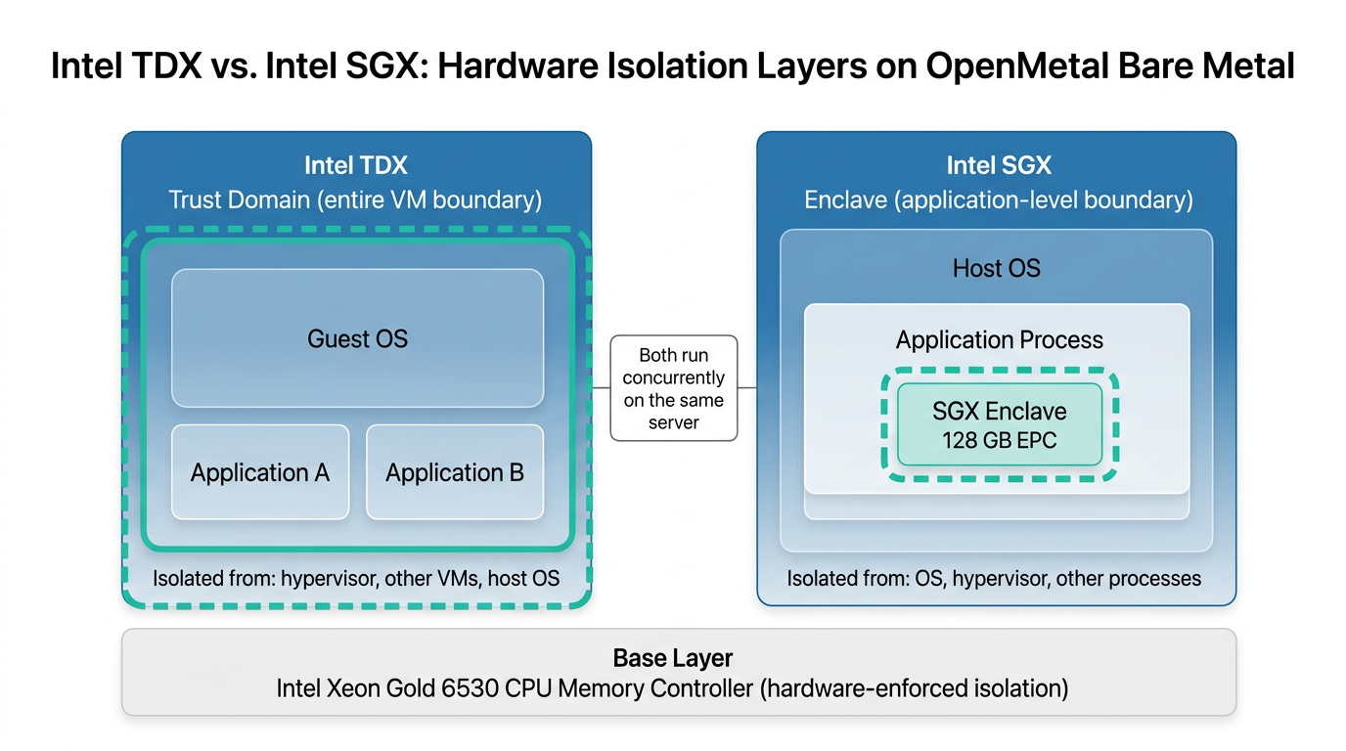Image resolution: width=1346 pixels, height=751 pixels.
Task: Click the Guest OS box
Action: (x=357, y=338)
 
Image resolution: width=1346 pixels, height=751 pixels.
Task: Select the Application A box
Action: (x=260, y=472)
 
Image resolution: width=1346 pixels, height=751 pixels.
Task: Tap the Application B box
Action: (x=455, y=472)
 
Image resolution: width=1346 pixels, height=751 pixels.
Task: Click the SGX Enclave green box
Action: (x=1000, y=425)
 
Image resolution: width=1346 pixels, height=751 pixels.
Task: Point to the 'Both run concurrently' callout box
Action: (x=673, y=388)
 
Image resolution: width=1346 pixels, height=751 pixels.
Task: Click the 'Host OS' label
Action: (x=996, y=268)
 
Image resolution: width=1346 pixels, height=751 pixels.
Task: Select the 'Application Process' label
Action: (x=999, y=340)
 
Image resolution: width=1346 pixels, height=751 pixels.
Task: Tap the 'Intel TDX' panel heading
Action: (x=356, y=165)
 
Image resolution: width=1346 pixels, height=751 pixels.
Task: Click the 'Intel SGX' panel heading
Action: (x=998, y=165)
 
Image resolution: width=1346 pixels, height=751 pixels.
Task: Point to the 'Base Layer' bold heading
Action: (x=673, y=657)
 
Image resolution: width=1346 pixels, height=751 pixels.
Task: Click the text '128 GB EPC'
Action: (x=1000, y=441)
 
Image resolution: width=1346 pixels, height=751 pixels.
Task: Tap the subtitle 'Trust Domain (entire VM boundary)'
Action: (x=356, y=199)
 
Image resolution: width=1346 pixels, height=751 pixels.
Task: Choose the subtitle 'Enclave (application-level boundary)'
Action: (x=998, y=199)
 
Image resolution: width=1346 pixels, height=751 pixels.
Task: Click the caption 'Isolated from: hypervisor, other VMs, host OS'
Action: (x=356, y=578)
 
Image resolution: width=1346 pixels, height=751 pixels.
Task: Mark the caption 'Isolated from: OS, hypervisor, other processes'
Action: (x=994, y=578)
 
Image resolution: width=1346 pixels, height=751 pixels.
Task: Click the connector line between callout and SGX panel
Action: (x=747, y=388)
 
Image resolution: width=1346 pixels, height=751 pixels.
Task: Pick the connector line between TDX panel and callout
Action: (x=601, y=388)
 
